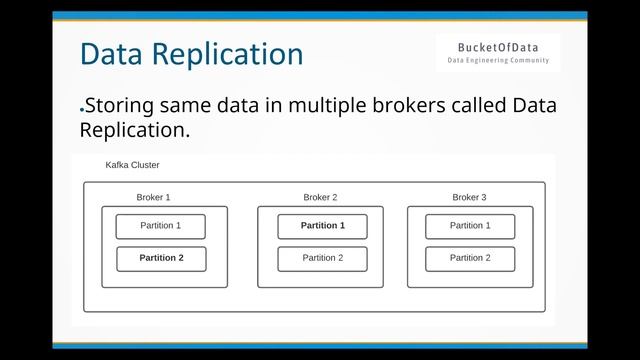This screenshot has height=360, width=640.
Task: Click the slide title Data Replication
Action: [x=191, y=53]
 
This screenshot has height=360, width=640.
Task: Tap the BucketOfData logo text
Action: [x=498, y=46]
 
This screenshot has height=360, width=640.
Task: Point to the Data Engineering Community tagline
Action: [x=498, y=61]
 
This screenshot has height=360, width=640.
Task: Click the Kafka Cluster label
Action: [x=132, y=165]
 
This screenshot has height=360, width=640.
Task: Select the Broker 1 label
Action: [x=153, y=197]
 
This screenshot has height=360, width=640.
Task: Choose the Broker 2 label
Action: [x=320, y=197]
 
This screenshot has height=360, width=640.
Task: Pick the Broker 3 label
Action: [x=469, y=197]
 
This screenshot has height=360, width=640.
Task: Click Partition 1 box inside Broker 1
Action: [x=161, y=226]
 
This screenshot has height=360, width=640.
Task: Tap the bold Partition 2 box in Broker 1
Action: [x=161, y=258]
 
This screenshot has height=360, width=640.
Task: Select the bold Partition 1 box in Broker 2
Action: [x=322, y=226]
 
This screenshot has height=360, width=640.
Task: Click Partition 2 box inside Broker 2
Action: [x=322, y=258]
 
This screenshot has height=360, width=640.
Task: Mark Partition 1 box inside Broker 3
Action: [x=470, y=226]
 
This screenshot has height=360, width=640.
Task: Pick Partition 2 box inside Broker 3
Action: [x=470, y=258]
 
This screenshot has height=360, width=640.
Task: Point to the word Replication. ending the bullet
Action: [x=134, y=131]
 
